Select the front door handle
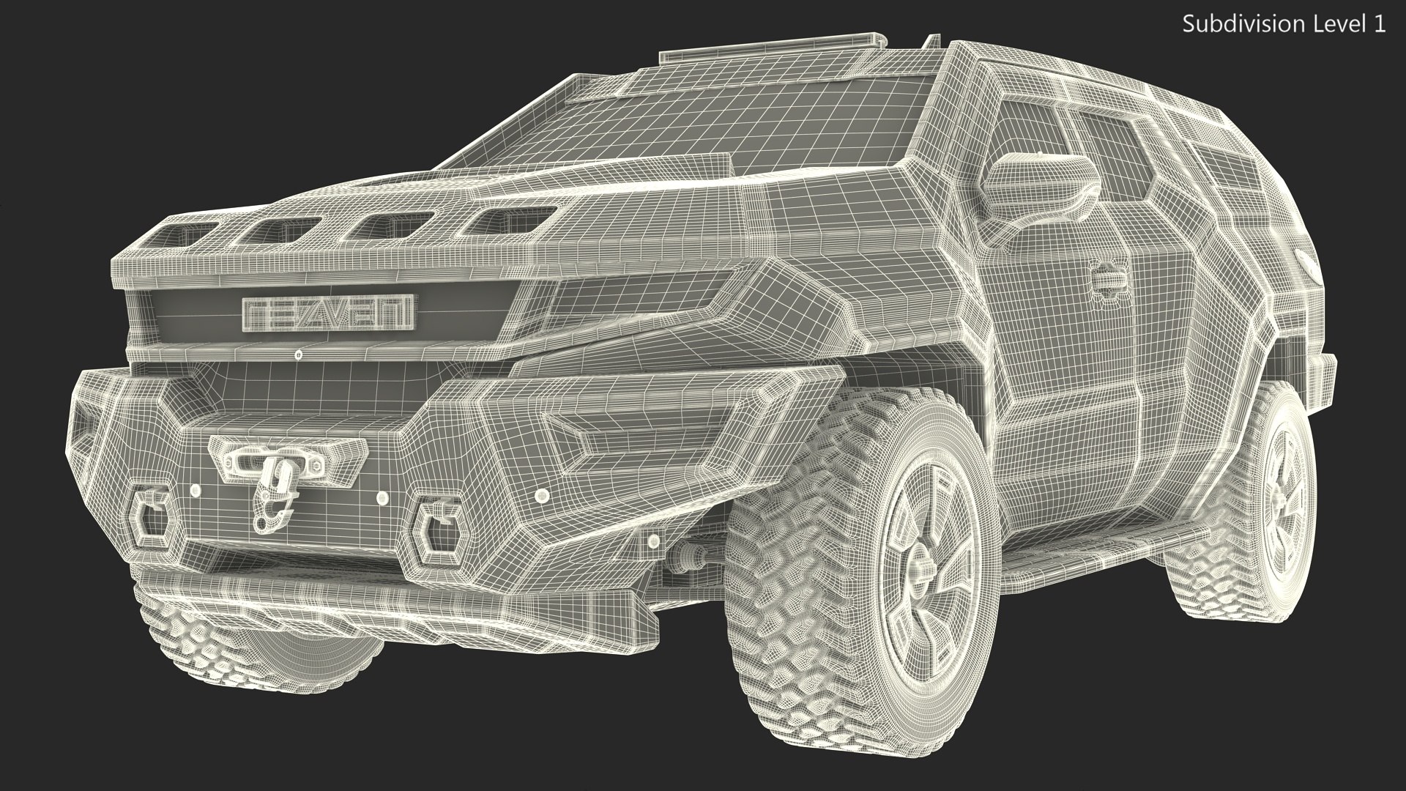tap(1107, 279)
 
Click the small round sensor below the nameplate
tap(298, 354)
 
